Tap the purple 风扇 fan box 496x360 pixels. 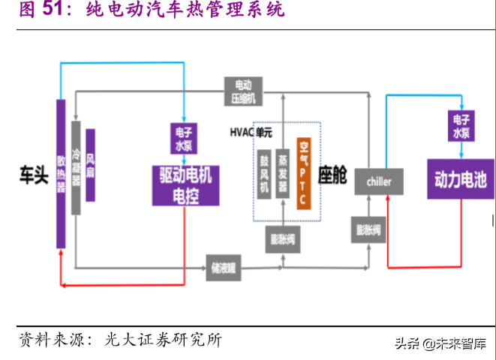[90, 165]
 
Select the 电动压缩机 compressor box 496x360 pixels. [244, 90]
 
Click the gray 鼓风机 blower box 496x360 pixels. [263, 174]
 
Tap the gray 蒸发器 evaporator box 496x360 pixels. [283, 174]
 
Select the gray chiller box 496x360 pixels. [378, 181]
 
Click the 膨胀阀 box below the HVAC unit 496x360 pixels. [283, 239]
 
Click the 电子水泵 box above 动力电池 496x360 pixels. [460, 126]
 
